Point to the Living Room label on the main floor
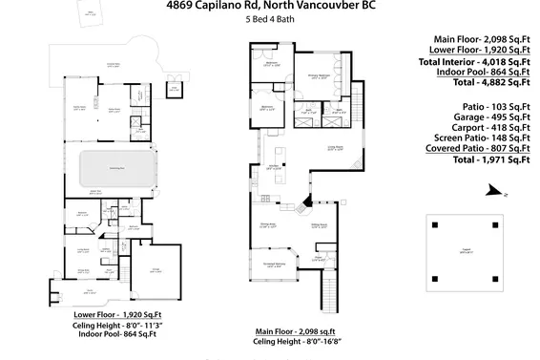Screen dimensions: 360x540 click(x=335, y=149)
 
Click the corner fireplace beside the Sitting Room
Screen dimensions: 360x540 click(x=306, y=201)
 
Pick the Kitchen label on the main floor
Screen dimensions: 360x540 click(x=274, y=168)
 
